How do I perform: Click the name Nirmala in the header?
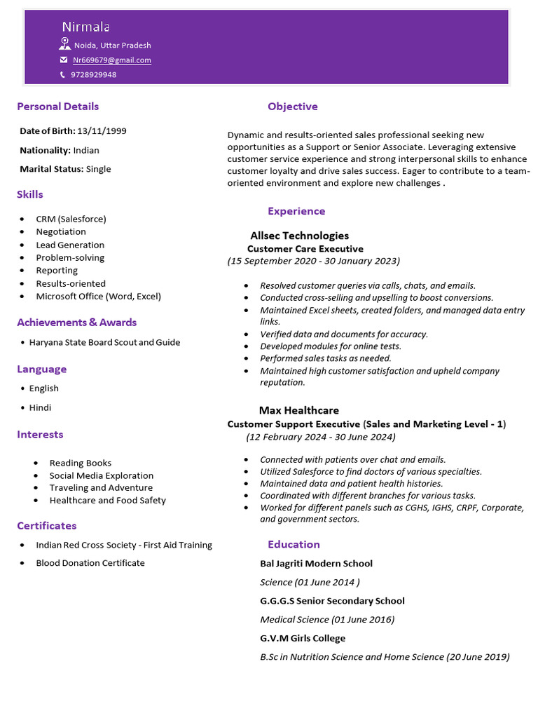(x=85, y=27)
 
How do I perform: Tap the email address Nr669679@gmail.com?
(x=112, y=60)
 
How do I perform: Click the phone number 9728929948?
(x=93, y=74)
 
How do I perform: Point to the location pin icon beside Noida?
(x=64, y=44)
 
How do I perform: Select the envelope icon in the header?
(x=64, y=60)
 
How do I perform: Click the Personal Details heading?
(x=57, y=107)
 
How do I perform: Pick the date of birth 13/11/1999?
(x=102, y=131)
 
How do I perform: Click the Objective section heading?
(x=292, y=107)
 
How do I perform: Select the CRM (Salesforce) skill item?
(x=71, y=219)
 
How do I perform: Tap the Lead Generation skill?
(x=70, y=245)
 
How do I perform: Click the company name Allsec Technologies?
(x=299, y=236)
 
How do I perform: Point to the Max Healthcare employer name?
(x=298, y=410)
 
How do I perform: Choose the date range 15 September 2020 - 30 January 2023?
(x=313, y=261)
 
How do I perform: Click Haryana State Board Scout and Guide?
(x=104, y=342)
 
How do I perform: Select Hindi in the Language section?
(x=40, y=407)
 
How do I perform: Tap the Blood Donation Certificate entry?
(x=90, y=563)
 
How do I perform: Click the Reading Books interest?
(x=80, y=463)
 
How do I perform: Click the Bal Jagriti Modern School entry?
(x=316, y=564)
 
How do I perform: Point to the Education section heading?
(x=294, y=544)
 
